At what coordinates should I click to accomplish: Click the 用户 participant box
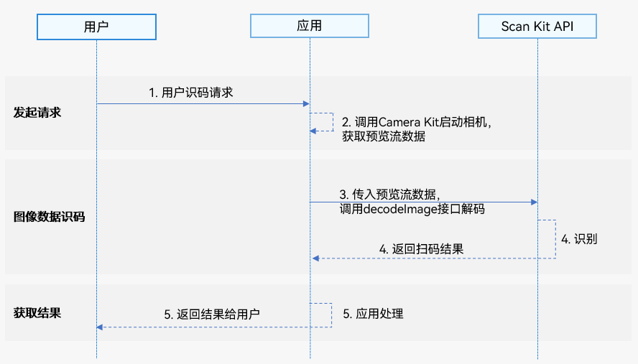click(96, 27)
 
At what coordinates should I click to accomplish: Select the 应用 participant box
click(309, 27)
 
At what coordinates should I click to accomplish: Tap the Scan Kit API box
click(537, 27)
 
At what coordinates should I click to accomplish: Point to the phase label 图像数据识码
click(49, 215)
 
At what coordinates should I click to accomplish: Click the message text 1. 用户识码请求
click(190, 93)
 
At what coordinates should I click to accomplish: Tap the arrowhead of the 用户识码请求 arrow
click(306, 104)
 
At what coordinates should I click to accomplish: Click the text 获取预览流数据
click(384, 136)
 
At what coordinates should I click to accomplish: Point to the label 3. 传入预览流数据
click(389, 195)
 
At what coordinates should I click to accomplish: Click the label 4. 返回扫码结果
click(421, 249)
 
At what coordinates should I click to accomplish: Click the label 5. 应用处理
click(372, 313)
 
